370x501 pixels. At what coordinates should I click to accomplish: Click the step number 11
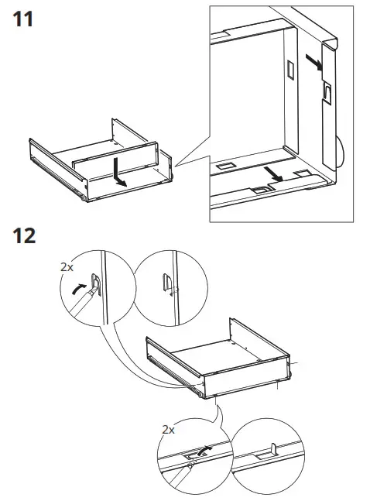(x=22, y=19)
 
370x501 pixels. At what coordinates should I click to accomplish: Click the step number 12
(x=24, y=236)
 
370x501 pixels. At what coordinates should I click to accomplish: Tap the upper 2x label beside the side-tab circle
(x=67, y=267)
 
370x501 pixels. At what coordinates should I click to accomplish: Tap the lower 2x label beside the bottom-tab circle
(x=169, y=430)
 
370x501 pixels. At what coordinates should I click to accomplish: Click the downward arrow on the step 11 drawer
(x=119, y=172)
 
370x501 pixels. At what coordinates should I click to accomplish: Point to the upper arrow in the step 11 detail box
(x=313, y=62)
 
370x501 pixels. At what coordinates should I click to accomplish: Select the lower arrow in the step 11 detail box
(x=273, y=174)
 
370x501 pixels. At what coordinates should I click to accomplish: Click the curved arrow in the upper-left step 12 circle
(x=78, y=289)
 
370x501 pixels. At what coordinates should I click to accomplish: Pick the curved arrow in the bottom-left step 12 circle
(x=204, y=451)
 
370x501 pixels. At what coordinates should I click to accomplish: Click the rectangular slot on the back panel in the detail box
(x=290, y=70)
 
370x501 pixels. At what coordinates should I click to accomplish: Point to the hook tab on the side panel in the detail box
(x=327, y=92)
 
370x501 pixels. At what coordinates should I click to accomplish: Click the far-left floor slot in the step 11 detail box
(x=225, y=166)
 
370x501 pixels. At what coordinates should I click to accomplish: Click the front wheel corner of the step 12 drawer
(x=200, y=394)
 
